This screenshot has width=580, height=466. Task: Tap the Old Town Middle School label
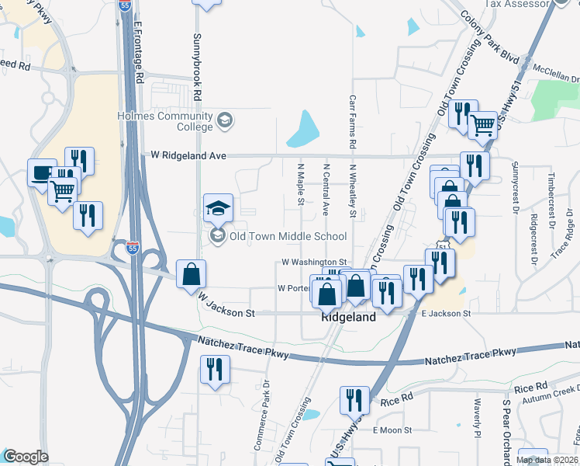288,236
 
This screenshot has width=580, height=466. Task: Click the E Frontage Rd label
139,52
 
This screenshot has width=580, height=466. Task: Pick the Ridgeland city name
349,318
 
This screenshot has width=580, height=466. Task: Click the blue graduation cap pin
218,207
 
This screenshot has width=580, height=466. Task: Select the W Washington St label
313,263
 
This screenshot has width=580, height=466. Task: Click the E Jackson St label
446,313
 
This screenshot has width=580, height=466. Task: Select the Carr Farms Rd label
353,123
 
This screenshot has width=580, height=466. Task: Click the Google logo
25,457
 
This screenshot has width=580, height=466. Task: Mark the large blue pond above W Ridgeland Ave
303,130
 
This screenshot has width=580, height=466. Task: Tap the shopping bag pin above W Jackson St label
191,274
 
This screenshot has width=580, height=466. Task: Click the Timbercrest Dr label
551,193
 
